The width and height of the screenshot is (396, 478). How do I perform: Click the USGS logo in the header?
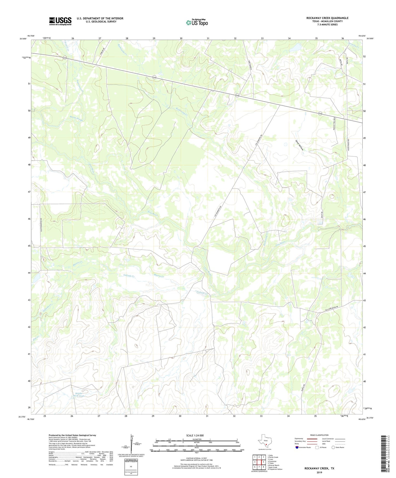click(60, 21)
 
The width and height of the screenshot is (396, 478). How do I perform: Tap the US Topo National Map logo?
click(197, 22)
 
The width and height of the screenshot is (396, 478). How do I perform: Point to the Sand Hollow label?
click(299, 145)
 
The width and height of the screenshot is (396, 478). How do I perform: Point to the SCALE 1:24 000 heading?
click(195, 435)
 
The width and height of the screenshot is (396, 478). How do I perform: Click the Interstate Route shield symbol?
click(297, 447)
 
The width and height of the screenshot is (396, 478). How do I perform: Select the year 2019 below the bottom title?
click(319, 472)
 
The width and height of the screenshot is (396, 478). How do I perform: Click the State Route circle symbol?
click(333, 447)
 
